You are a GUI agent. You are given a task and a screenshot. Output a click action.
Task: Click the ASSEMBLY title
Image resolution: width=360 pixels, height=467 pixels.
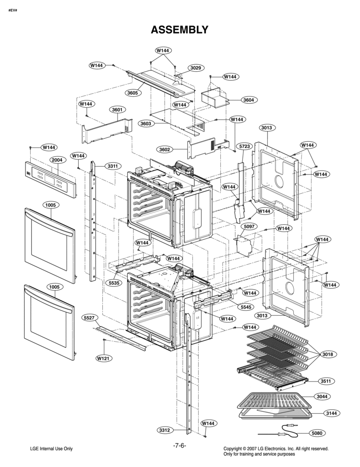tap(180, 30)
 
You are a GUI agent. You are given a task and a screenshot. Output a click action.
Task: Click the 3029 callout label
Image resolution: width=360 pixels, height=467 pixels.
tap(195, 68)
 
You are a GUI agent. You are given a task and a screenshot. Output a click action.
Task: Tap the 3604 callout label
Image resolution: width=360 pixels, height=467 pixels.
tap(248, 100)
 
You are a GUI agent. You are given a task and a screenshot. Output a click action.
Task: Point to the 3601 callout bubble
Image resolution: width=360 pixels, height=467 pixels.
tap(117, 110)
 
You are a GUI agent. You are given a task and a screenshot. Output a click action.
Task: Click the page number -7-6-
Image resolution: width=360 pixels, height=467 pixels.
tap(180, 445)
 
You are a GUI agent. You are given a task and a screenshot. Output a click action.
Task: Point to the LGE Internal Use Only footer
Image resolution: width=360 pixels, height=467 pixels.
tap(51, 449)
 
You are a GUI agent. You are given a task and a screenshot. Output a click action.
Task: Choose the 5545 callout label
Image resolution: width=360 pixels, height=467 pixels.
tap(248, 307)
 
